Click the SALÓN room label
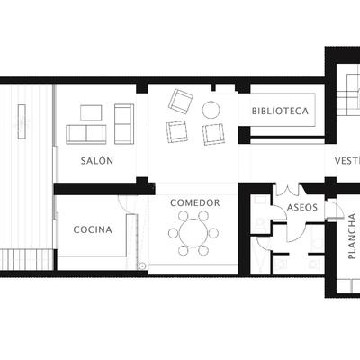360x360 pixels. tap(96, 160)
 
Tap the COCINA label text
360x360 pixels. tap(93, 229)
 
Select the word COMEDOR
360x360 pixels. tap(195, 203)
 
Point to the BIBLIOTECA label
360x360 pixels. tap(281, 112)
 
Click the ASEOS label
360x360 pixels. tap(301, 207)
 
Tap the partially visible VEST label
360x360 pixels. tap(346, 162)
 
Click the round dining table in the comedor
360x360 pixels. tap(192, 234)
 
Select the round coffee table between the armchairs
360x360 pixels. tap(211, 111)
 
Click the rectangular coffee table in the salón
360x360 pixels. tap(92, 112)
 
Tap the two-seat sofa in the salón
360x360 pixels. tap(86, 134)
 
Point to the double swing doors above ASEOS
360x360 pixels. tap(288, 190)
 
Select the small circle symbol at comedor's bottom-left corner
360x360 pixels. tap(142, 265)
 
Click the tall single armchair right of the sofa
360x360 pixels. tap(123, 123)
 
